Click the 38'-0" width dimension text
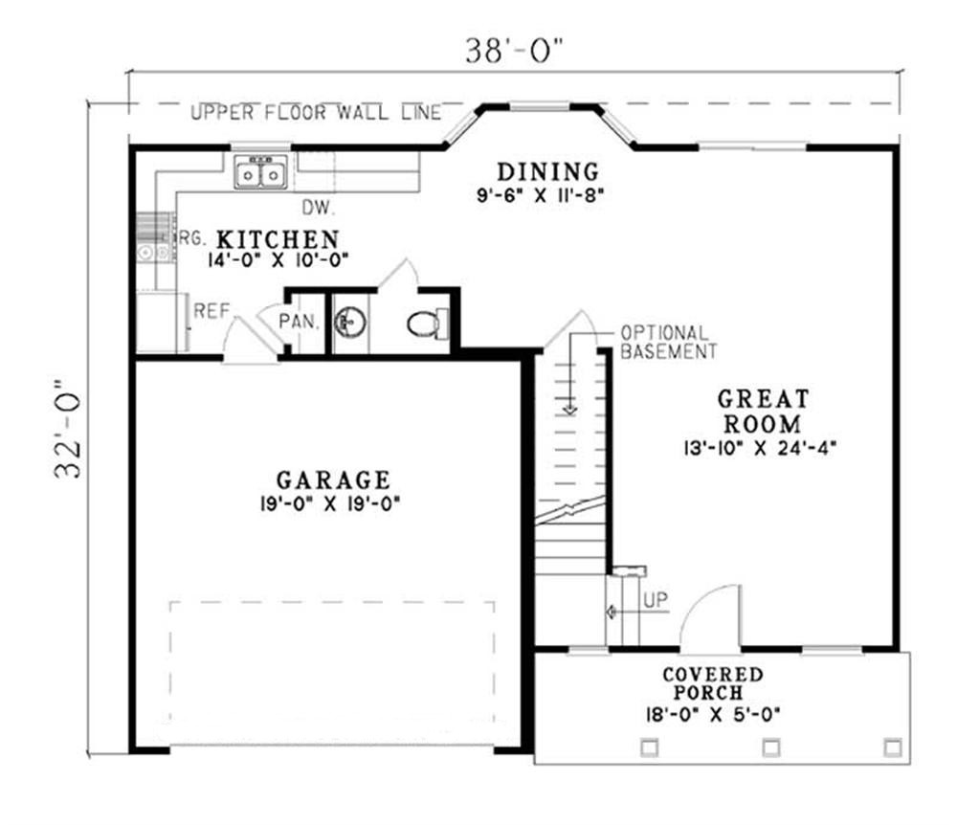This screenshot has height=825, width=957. [x=514, y=50]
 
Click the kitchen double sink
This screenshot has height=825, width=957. [x=260, y=174]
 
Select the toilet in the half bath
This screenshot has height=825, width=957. [x=426, y=323]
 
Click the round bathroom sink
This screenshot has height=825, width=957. [x=350, y=323]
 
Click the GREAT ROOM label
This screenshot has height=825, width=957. [x=763, y=411]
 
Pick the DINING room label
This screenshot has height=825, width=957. [x=547, y=172]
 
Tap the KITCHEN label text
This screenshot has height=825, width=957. [x=277, y=238]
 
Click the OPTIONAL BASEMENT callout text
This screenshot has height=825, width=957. [x=668, y=343]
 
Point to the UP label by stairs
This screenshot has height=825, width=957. [x=656, y=600]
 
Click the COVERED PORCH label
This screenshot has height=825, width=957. [x=713, y=683]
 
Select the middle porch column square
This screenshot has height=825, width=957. [x=770, y=747]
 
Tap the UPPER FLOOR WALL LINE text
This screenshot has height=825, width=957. [x=316, y=113]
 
